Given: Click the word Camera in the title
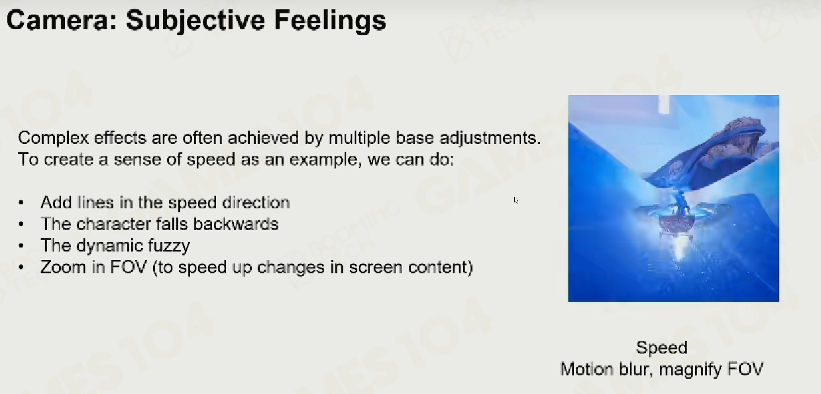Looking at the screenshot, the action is [x=62, y=20].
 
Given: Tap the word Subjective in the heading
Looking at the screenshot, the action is [x=195, y=21].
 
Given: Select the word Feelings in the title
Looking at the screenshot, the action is [x=330, y=21].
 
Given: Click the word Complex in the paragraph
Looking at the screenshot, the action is [x=54, y=139].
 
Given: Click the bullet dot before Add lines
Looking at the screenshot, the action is [x=21, y=203].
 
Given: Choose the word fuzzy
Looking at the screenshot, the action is [x=169, y=246].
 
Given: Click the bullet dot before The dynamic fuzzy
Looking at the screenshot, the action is [x=21, y=246].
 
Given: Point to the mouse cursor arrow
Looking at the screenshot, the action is [x=516, y=200].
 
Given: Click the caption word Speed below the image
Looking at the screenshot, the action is [x=662, y=348].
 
